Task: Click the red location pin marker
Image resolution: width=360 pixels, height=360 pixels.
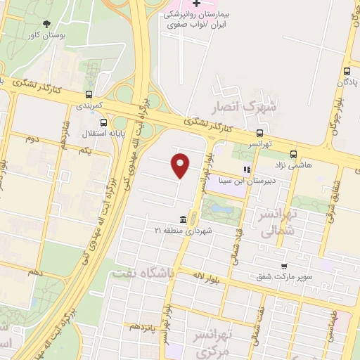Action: tap(181, 165)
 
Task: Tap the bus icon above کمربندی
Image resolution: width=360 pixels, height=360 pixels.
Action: tap(89, 94)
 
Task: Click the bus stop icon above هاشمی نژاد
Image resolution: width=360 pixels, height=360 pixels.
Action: tap(293, 153)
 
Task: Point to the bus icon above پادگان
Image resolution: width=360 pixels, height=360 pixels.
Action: tap(347, 72)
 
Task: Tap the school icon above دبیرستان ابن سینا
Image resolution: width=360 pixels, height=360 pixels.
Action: tap(247, 169)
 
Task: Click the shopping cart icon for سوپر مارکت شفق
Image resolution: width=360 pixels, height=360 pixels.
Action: tap(283, 266)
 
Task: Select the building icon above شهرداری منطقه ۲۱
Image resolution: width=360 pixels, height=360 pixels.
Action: tap(183, 219)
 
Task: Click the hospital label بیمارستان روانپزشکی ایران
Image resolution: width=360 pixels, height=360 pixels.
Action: tap(197, 19)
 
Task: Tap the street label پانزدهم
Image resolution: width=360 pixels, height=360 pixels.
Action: tap(145, 327)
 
